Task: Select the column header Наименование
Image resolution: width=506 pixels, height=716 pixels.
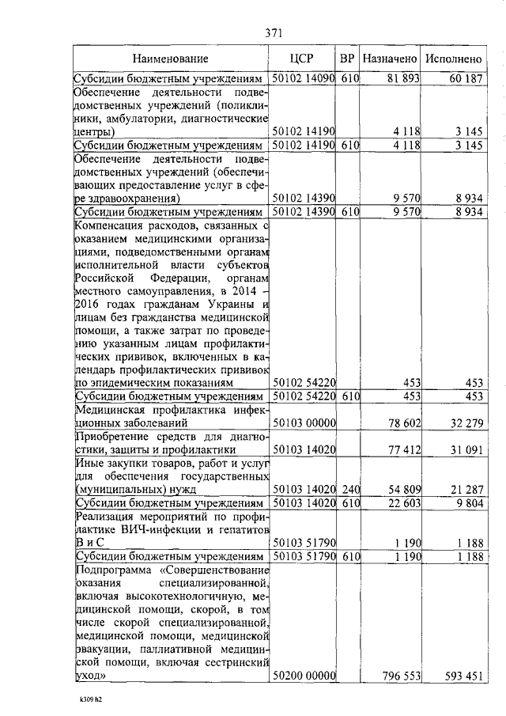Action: [x=170, y=59]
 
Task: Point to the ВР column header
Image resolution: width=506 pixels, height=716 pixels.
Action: [x=347, y=59]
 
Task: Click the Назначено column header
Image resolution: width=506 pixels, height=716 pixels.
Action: [x=390, y=59]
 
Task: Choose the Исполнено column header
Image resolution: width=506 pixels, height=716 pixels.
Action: [x=453, y=59]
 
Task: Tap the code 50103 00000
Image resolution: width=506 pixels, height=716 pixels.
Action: [x=304, y=424]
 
